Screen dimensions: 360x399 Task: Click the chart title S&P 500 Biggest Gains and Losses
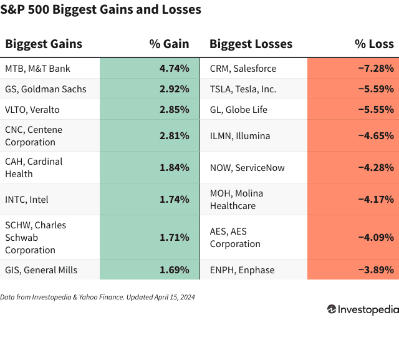(101, 10)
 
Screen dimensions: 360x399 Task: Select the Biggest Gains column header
(44, 44)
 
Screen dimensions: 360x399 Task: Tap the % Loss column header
(374, 44)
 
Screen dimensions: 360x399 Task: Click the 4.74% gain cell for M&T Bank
(174, 68)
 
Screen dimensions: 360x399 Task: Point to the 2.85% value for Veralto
(174, 109)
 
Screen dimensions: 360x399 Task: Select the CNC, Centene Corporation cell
(34, 135)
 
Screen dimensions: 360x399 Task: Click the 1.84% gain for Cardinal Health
(174, 167)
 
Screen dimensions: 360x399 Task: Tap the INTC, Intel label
(27, 200)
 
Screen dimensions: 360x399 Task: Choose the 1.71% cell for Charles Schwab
(174, 237)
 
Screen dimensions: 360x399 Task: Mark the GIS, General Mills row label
(41, 270)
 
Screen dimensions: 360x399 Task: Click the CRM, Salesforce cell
(243, 68)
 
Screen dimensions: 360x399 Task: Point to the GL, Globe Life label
(238, 109)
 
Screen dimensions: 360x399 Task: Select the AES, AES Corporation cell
(237, 237)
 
